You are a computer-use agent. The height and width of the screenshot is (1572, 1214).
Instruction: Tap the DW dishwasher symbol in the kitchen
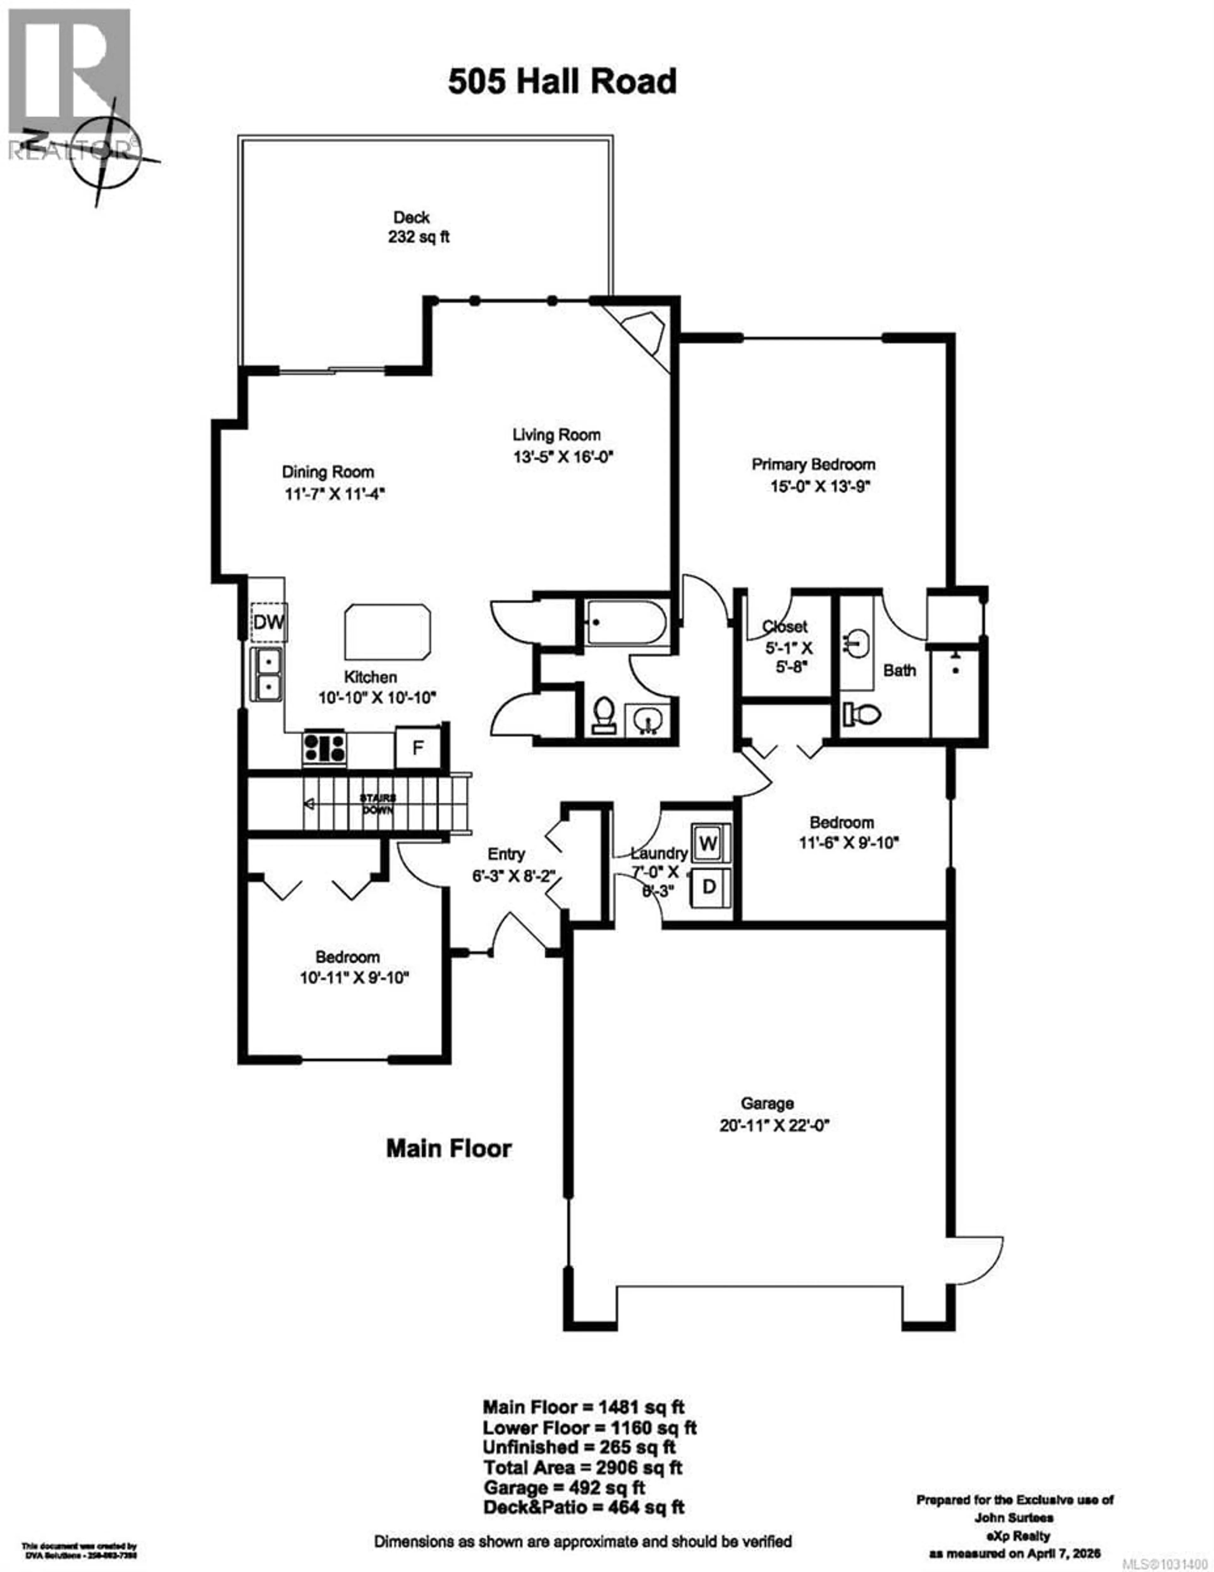click(x=269, y=621)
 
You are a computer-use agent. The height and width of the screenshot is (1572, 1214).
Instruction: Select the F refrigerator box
click(x=417, y=748)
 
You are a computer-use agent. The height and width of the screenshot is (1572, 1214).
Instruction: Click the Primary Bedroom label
click(x=813, y=464)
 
